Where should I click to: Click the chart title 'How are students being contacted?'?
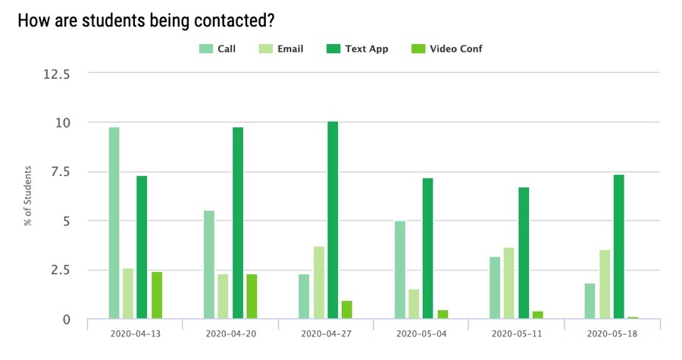(x=145, y=20)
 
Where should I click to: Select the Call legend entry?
(x=217, y=49)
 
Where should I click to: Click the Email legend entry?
(x=281, y=49)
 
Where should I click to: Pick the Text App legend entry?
(x=358, y=49)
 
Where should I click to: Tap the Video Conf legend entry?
(x=446, y=49)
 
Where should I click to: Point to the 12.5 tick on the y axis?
(x=58, y=74)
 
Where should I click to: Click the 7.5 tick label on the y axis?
(x=61, y=172)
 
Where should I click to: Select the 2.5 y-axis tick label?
(x=61, y=271)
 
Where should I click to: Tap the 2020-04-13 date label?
(x=135, y=333)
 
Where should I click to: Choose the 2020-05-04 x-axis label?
(x=421, y=333)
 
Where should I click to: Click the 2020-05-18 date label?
(x=612, y=333)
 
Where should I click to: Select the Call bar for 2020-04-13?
(x=114, y=223)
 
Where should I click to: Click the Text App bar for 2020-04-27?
(x=333, y=220)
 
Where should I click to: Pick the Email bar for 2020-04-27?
(x=319, y=282)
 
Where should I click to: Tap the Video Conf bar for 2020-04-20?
(x=252, y=296)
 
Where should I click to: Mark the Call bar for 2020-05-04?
(x=400, y=270)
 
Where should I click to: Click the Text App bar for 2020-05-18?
(x=619, y=246)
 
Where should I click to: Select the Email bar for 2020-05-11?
(x=510, y=283)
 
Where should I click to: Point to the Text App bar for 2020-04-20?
(x=238, y=223)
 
